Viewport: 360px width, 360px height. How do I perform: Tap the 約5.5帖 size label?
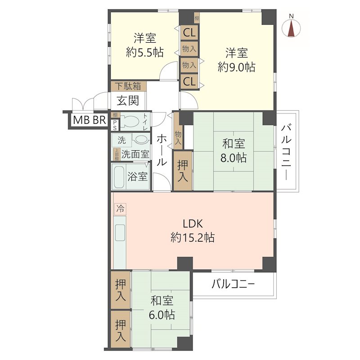144,53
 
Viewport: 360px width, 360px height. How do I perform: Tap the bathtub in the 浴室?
119,177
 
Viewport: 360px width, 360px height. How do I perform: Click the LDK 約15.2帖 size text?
192,238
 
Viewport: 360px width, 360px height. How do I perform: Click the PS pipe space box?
115,125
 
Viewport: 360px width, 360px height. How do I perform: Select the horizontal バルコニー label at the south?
233,284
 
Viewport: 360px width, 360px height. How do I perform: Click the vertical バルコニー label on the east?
286,152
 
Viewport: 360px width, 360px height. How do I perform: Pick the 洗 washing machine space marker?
121,140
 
